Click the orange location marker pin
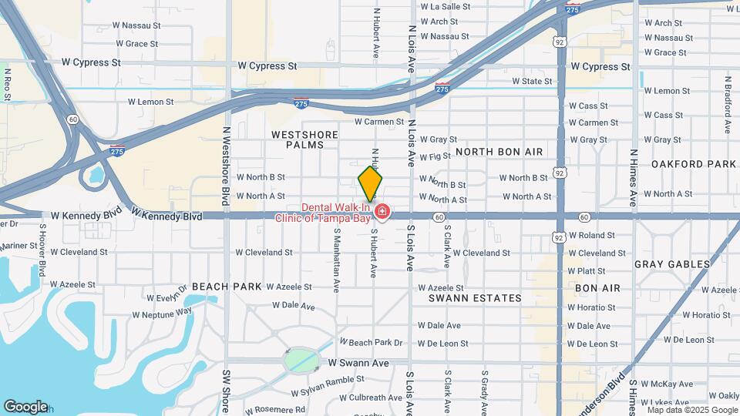coord(370,183)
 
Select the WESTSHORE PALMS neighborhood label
coord(305,139)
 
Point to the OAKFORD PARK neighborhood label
coord(693,164)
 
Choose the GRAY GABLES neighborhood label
coord(672,264)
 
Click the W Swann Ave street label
coord(358,363)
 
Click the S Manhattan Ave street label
coord(336,264)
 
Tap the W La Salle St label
coord(444,6)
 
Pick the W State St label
coord(537,81)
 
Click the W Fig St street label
coord(435,156)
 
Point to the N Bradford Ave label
coord(727,104)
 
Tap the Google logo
coord(25,407)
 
